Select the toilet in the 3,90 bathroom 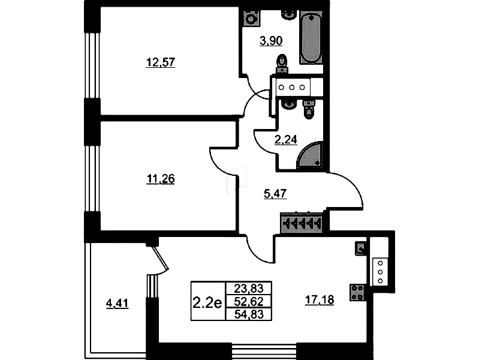pyautogui.click(x=282, y=64)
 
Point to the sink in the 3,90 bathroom pyautogui.click(x=289, y=14)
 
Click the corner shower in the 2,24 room pyautogui.click(x=310, y=155)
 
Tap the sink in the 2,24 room pyautogui.click(x=288, y=104)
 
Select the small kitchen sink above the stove pyautogui.click(x=361, y=248)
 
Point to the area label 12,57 pyautogui.click(x=161, y=63)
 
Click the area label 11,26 pyautogui.click(x=161, y=179)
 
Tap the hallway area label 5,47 pyautogui.click(x=275, y=194)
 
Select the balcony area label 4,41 pyautogui.click(x=117, y=304)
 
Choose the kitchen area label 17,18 pyautogui.click(x=320, y=300)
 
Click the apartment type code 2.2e pyautogui.click(x=207, y=303)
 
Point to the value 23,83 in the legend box pyautogui.click(x=249, y=288)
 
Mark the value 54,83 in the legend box pyautogui.click(x=249, y=314)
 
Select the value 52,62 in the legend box pyautogui.click(x=249, y=302)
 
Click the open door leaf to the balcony pyautogui.click(x=161, y=258)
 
